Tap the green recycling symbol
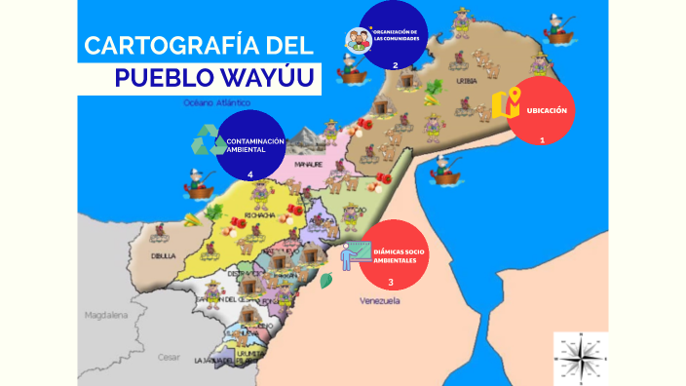click(x=209, y=140)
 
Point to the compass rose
click(x=581, y=357)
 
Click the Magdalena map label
click(x=106, y=316)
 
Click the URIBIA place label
click(x=467, y=81)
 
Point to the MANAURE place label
click(x=309, y=165)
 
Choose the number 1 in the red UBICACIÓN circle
click(x=542, y=140)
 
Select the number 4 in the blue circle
click(x=250, y=174)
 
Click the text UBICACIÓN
click(x=547, y=110)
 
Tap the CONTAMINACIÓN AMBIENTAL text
click(x=254, y=145)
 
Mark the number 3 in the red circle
click(x=391, y=283)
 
